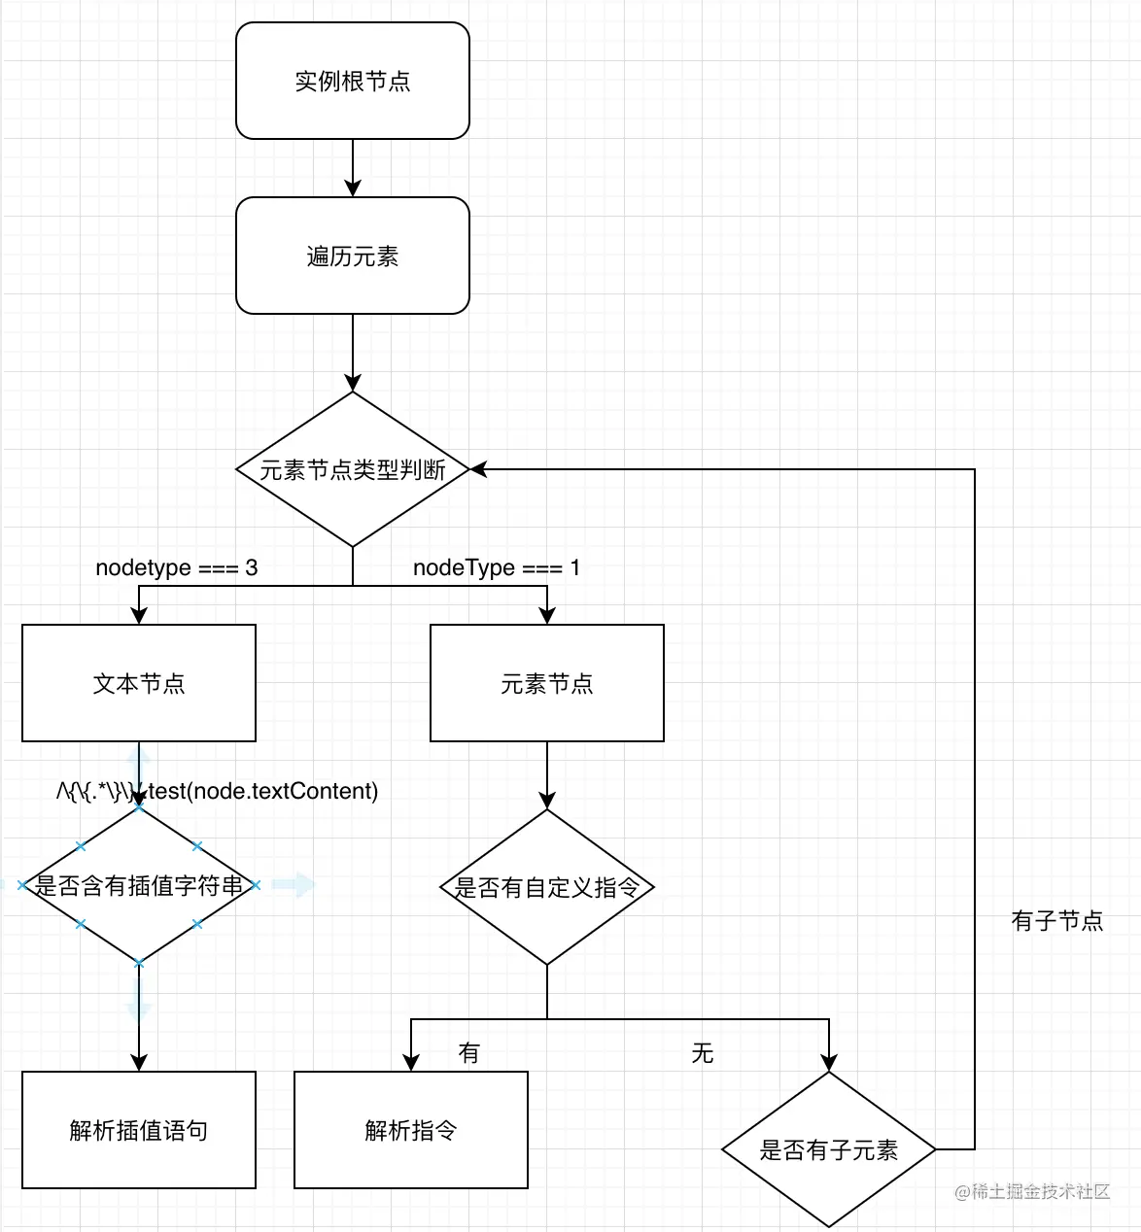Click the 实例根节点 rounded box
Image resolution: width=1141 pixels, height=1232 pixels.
click(x=352, y=81)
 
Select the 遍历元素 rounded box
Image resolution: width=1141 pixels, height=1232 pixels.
click(x=352, y=256)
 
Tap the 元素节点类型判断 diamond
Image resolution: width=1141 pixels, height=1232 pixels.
click(x=352, y=469)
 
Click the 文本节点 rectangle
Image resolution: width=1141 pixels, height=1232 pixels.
click(x=138, y=683)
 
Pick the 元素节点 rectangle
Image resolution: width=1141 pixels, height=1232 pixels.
click(x=546, y=683)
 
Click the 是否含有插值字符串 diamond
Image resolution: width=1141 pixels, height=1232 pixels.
click(x=138, y=885)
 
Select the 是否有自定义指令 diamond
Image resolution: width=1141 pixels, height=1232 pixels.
click(x=546, y=887)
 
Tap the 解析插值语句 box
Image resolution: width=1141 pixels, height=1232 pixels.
click(x=138, y=1130)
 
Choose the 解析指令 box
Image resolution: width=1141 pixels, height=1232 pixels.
click(x=410, y=1130)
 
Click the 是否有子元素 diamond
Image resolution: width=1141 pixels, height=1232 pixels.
click(x=828, y=1149)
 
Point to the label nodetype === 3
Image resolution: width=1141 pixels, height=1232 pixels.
click(x=176, y=567)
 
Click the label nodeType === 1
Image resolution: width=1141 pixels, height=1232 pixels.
click(x=496, y=567)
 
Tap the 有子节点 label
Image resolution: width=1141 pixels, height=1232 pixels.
click(x=1056, y=920)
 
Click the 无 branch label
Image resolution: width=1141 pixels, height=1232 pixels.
click(x=702, y=1052)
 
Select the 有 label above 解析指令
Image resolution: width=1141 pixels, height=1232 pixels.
click(x=468, y=1052)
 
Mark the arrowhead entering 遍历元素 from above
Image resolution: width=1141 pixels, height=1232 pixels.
click(x=352, y=188)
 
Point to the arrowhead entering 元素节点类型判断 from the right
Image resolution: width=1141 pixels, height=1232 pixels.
click(x=479, y=469)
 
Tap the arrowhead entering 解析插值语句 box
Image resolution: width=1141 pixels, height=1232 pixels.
click(x=138, y=1063)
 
